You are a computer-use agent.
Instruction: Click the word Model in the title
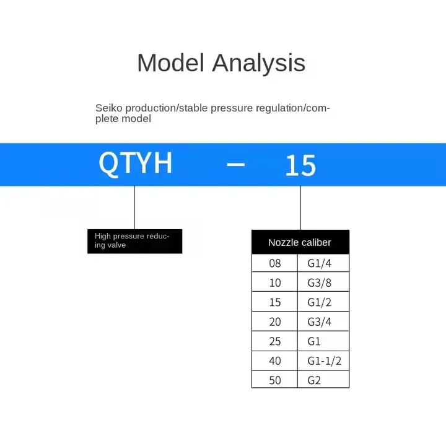point(171,63)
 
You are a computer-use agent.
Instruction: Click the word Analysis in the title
point(259,63)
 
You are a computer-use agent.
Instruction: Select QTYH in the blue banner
point(136,163)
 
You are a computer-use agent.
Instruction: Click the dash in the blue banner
point(235,164)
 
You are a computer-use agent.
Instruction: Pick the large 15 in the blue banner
point(300,165)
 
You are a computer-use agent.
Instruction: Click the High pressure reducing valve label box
point(135,241)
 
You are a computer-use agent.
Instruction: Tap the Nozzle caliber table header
point(300,242)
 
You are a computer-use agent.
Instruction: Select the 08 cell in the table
point(275,263)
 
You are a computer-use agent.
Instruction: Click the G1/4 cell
point(323,263)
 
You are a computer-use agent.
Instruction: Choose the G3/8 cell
point(323,282)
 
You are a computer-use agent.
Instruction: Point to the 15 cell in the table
point(275,302)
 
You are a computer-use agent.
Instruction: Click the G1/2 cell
point(323,302)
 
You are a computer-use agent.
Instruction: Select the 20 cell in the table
point(275,321)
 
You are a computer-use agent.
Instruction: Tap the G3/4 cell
point(323,321)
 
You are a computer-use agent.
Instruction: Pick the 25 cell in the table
point(275,341)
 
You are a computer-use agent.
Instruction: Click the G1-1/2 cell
point(323,361)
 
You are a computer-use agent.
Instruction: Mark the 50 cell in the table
point(275,380)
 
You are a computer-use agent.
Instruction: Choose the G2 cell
point(323,380)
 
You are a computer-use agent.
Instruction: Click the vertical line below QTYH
point(134,208)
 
